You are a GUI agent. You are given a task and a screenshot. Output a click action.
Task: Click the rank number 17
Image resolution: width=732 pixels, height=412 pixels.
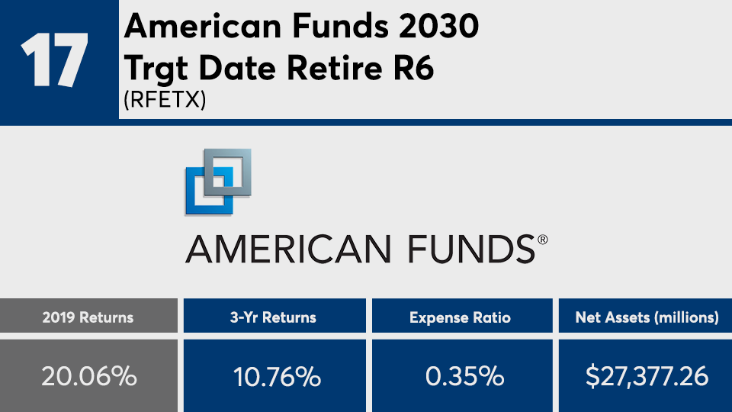54,60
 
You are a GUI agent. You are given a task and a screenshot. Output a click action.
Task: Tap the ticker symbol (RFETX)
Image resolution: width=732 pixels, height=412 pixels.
165,99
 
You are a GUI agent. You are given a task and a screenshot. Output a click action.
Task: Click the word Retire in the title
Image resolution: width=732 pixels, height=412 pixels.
335,68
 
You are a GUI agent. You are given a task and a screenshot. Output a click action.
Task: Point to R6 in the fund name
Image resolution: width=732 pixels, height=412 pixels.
414,68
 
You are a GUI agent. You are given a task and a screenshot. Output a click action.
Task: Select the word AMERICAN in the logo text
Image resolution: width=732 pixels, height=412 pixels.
288,249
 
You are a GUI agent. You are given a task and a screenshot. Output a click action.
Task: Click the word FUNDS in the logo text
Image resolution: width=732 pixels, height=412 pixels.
471,249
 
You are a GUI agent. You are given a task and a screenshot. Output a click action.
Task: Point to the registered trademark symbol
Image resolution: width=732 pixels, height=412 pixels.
542,240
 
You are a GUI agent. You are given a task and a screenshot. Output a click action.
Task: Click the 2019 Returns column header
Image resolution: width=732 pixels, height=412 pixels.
88,317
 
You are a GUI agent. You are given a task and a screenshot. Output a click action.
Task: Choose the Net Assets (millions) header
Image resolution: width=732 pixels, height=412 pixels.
647,317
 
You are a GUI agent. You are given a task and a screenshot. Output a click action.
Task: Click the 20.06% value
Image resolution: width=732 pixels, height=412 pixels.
89,376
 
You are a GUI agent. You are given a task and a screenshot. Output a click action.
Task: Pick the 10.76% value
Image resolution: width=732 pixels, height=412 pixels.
277,376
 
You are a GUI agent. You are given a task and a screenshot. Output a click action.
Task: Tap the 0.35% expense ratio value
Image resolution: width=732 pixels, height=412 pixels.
465,376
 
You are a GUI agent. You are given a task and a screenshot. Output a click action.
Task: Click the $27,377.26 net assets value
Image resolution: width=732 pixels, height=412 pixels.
647,376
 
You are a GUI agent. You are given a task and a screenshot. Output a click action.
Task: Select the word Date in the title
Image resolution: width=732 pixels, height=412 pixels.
237,68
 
